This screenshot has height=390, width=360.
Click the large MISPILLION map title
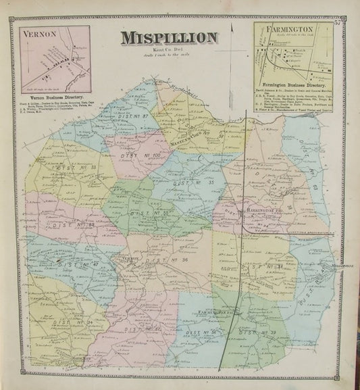(x=169, y=38)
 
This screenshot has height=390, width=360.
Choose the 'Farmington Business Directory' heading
(x=291, y=84)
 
